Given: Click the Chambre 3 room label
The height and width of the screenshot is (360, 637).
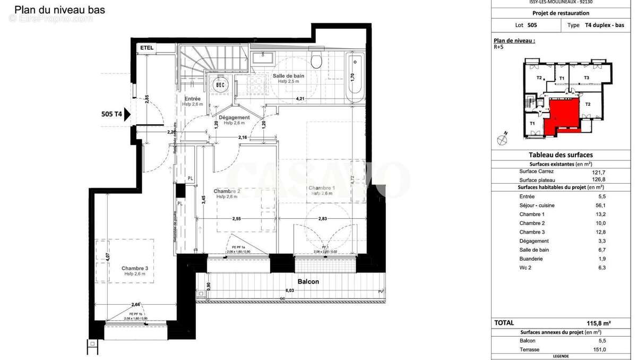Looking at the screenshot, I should tap(134, 268).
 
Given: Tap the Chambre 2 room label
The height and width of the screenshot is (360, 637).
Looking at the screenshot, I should tap(227, 191).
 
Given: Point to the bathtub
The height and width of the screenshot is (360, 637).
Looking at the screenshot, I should tap(355, 79).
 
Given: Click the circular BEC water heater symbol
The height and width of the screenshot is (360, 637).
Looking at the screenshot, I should tap(220, 84).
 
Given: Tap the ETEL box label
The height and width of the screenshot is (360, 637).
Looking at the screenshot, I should tap(147, 48).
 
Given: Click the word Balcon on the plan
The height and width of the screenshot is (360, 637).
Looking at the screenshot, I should tap(308, 281).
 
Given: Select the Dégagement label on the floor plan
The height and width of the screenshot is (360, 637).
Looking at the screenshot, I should tap(234, 117).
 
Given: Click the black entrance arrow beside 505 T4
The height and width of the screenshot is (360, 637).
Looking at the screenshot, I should tap(127, 114).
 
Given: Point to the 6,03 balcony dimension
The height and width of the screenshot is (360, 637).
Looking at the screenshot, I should tap(289, 290).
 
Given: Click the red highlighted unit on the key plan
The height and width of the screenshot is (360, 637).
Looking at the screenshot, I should tap(563, 113).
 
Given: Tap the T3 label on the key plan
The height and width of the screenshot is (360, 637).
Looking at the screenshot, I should tap(586, 78).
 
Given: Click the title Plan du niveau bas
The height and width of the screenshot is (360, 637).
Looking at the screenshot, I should tap(59, 10).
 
